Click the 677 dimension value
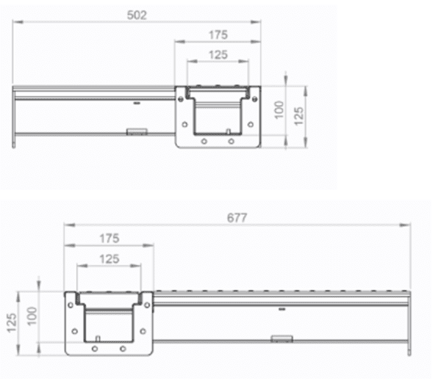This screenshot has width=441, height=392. pyautogui.click(x=236, y=217)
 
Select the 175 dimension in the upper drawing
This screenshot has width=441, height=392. pyautogui.click(x=218, y=35)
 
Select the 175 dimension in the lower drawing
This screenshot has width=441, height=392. pyautogui.click(x=109, y=238)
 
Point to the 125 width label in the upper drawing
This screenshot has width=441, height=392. pyautogui.click(x=218, y=55)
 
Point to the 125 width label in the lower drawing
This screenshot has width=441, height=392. pyautogui.click(x=109, y=258)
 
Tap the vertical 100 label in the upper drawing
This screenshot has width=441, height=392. pyautogui.click(x=279, y=111)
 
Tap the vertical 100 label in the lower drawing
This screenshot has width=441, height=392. pyautogui.click(x=31, y=314)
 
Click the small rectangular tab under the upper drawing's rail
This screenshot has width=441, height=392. pyautogui.click(x=136, y=132)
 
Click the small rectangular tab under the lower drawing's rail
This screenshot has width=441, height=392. pyautogui.click(x=281, y=338)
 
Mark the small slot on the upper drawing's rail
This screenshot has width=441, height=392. pyautogui.click(x=135, y=104)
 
